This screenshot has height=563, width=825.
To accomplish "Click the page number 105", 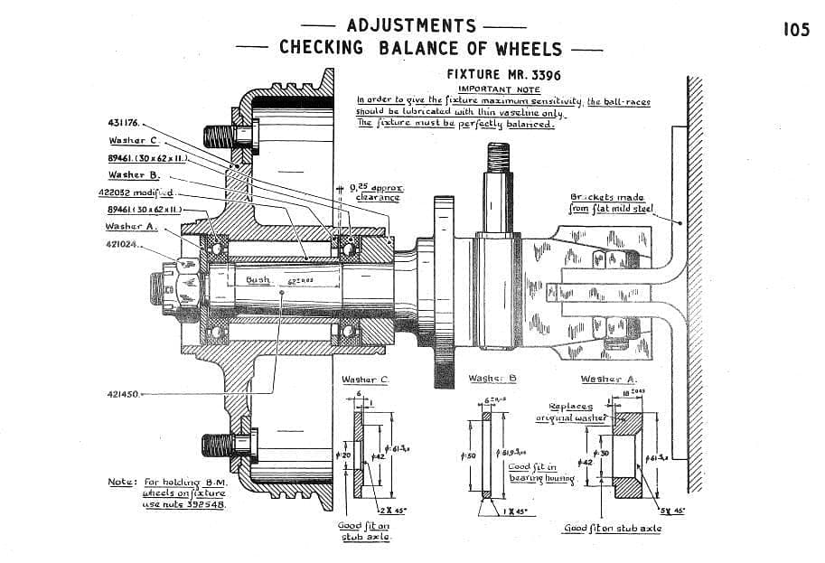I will pyautogui.click(x=797, y=30).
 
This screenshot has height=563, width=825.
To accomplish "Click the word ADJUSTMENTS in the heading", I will pyautogui.click(x=410, y=26).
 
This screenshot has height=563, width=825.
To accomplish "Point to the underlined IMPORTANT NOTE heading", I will pyautogui.click(x=499, y=89).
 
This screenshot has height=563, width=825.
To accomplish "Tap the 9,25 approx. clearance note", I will pyautogui.click(x=378, y=192).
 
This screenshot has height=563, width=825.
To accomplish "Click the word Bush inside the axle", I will pyautogui.click(x=258, y=280).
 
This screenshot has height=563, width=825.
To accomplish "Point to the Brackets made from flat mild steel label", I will pyautogui.click(x=606, y=202).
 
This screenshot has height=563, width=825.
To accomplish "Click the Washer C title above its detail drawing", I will pyautogui.click(x=364, y=380).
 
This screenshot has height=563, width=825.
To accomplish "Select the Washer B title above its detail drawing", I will pyautogui.click(x=492, y=379).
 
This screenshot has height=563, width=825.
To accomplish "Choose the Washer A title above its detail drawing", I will pyautogui.click(x=608, y=380).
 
